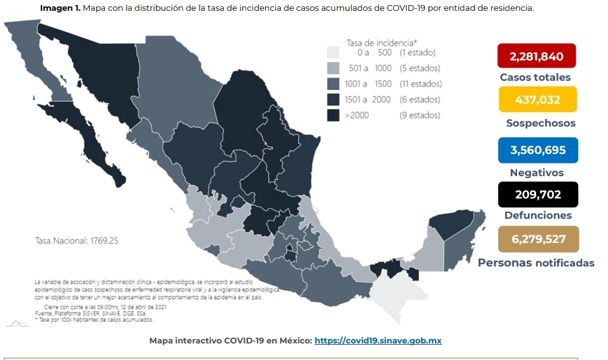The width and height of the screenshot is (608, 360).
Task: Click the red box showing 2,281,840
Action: point(536,56)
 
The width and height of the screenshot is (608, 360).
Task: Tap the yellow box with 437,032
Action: point(537,99)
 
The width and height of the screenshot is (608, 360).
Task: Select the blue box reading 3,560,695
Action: point(537,150)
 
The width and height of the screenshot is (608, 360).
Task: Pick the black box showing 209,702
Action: point(537,195)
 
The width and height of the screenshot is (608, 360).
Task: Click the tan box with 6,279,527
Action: point(537,239)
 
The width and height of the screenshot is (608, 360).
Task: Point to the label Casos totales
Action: point(535,78)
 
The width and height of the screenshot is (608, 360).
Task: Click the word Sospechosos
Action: point(541,123)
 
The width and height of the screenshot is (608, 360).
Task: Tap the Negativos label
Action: point(537,173)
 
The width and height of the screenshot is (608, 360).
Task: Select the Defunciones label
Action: point(538,216)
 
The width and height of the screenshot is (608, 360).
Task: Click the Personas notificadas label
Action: point(536,263)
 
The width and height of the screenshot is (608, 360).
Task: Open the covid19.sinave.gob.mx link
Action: point(378,341)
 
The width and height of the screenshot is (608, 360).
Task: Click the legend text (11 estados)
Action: point(420,84)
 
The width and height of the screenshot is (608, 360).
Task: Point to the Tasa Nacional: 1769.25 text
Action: point(77,241)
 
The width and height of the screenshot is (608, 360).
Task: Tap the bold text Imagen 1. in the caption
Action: point(60,8)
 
